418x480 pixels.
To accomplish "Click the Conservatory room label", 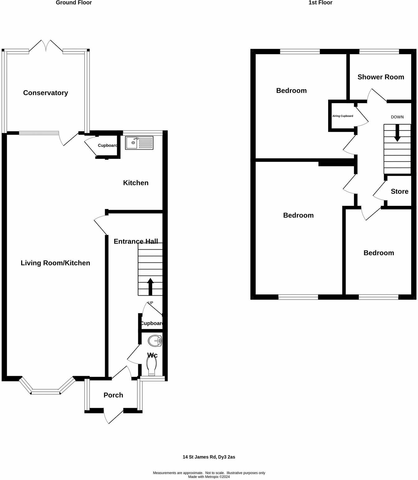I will pos(45,93).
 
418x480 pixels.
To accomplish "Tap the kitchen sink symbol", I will pos(139,143).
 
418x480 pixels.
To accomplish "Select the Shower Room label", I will pos(381,77).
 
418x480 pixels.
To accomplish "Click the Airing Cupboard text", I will pos(342,116).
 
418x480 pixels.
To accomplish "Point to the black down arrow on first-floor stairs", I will pos(397,133).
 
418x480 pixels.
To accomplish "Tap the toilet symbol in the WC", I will pos(151,366).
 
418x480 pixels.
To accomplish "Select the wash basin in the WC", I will pos(155,341).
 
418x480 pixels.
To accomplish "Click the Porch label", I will pos(113,395).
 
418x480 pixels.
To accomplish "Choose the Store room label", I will pos(399,192).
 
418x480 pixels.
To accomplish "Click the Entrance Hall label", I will pos(136,242).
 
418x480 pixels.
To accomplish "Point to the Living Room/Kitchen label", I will pos(55,263).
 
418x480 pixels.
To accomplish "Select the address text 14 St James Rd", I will pos(209,457).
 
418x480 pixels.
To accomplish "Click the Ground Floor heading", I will pos(74,3).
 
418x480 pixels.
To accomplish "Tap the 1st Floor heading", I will pos(320,3).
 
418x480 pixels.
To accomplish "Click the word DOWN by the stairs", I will pos(397,117).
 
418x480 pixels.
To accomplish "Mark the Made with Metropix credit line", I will pos(209,477).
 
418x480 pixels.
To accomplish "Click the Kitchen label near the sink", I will pos(136,183).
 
